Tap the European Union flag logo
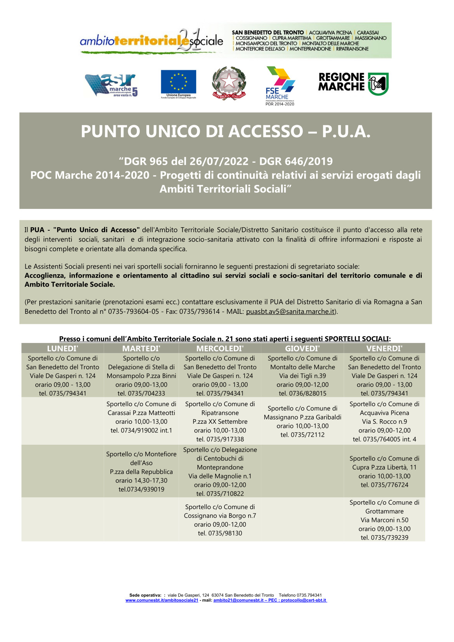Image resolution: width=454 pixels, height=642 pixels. click(178, 84)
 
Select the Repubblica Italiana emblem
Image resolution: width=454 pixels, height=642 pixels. click(229, 84)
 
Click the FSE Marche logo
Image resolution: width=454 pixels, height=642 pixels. click(280, 86)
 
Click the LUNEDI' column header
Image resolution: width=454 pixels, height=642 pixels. click(63, 348)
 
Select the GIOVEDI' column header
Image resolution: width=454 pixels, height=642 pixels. click(302, 348)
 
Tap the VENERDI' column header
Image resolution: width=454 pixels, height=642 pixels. click(384, 348)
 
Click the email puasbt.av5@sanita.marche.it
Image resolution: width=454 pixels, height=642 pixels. click(290, 311)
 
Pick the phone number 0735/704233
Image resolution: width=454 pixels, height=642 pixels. click(141, 393)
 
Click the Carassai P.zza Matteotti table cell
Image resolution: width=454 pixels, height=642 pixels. click(141, 417)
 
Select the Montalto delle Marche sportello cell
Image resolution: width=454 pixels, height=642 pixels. click(302, 376)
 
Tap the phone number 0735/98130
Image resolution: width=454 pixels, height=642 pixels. click(220, 533)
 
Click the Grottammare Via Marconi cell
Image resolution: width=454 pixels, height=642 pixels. click(384, 520)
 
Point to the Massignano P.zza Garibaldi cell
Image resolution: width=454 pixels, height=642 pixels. click(302, 421)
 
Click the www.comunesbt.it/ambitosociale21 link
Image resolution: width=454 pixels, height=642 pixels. click(162, 600)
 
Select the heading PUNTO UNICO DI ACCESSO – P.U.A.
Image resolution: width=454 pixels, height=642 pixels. click(226, 131)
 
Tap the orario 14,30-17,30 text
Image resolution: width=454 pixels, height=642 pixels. click(141, 480)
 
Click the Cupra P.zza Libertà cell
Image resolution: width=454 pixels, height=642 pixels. click(384, 471)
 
